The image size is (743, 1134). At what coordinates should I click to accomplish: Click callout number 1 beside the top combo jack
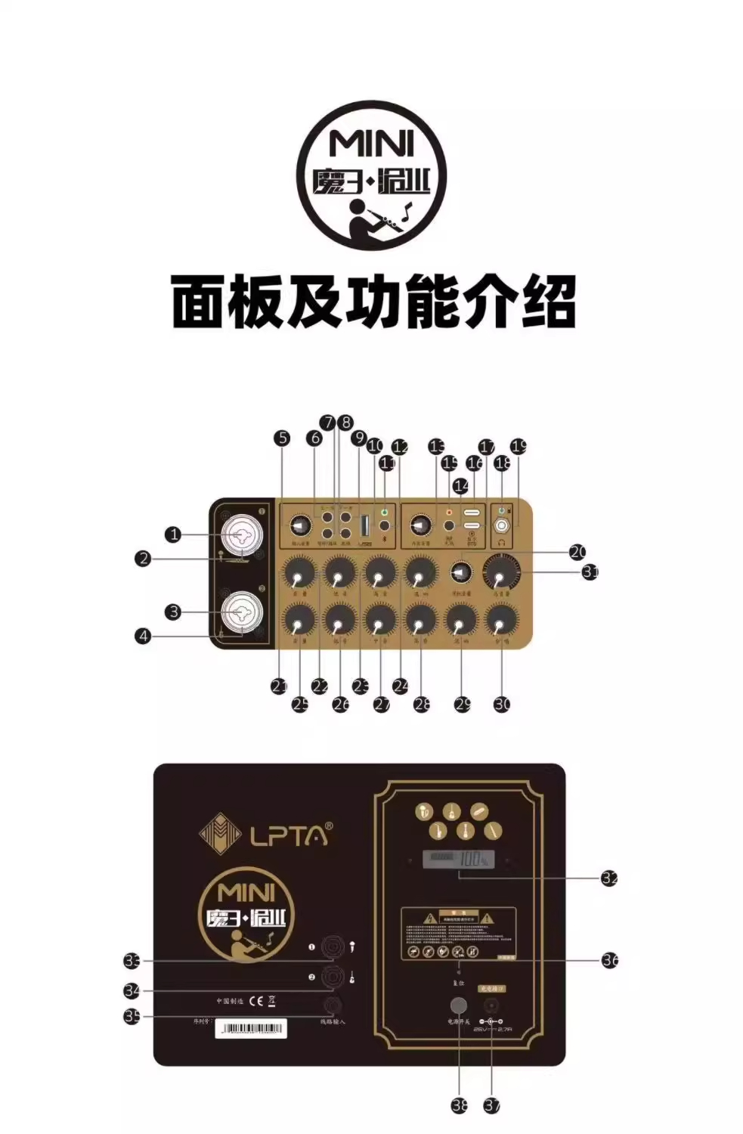tap(174, 534)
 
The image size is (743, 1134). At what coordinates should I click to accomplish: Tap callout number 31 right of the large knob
tap(590, 572)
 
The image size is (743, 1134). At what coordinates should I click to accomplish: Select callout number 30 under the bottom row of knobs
tap(502, 704)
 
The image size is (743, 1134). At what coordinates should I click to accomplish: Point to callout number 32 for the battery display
tap(609, 878)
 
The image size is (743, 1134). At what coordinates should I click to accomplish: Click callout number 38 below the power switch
tap(460, 1105)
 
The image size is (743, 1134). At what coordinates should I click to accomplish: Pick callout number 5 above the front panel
tap(282, 438)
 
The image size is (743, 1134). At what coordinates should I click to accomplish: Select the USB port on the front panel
tap(364, 525)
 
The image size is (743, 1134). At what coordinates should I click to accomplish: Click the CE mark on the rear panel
tap(256, 1001)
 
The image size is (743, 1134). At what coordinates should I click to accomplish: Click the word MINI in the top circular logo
tap(371, 143)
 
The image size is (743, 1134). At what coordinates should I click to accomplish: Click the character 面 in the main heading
tap(200, 302)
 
